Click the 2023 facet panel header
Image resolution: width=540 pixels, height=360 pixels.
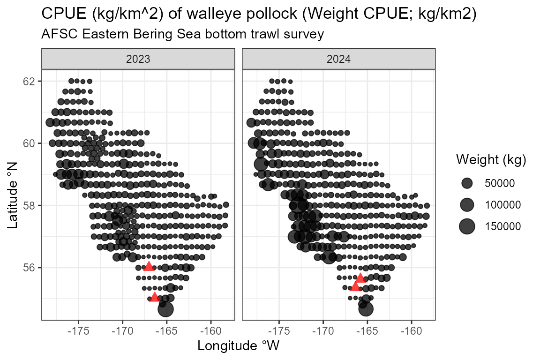[138, 60]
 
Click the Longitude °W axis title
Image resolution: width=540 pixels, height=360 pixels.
[238, 346]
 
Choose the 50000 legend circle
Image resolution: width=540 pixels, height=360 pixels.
[467, 183]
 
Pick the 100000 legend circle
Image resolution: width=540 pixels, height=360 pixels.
[467, 205]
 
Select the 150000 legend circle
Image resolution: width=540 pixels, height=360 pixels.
[467, 226]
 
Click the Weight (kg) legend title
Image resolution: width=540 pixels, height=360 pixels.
[491, 160]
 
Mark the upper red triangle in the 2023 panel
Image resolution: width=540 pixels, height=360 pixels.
[149, 266]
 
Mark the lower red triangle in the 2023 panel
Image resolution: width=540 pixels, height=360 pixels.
[155, 297]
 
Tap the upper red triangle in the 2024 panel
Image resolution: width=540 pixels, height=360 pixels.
[360, 278]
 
